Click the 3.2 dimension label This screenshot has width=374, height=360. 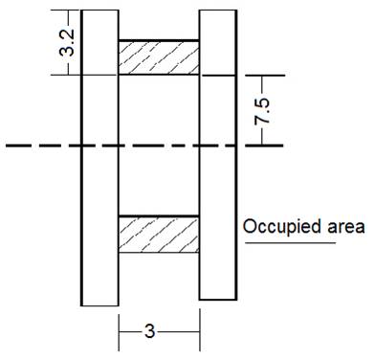66,43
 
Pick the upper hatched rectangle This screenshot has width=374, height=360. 159,57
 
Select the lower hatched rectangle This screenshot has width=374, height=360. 159,235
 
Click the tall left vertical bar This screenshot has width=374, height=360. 99,158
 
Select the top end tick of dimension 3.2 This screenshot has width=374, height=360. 66,11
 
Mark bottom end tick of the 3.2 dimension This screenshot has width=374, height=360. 66,75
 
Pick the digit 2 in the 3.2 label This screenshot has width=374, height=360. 66,33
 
